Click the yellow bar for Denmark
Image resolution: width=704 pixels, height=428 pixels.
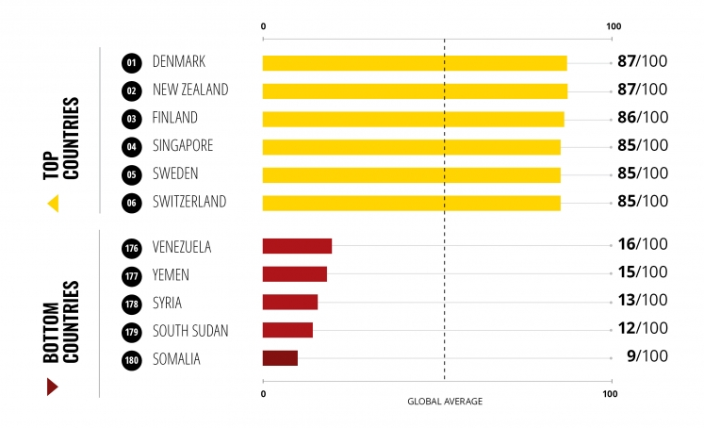[414, 63]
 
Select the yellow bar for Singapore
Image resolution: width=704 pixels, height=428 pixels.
[411, 147]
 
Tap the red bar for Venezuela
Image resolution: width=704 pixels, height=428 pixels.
[297, 246]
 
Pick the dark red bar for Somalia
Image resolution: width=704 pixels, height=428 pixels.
[280, 358]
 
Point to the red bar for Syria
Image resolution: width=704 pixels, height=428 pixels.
[289, 303]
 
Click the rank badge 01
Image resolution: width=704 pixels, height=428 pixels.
[131, 63]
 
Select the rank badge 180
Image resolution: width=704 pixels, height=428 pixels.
[131, 359]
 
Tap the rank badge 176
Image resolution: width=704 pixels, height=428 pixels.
[131, 247]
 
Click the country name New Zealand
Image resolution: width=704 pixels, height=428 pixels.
[189, 91]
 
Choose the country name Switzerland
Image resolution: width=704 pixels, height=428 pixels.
[188, 202]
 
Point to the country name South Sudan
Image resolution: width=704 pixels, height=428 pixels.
[189, 331]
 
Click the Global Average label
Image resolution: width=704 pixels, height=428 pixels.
[445, 402]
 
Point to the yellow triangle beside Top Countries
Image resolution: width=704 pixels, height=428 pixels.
[53, 203]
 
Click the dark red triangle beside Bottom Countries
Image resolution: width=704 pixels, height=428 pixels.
[52, 387]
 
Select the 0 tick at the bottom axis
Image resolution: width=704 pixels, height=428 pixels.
[264, 393]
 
